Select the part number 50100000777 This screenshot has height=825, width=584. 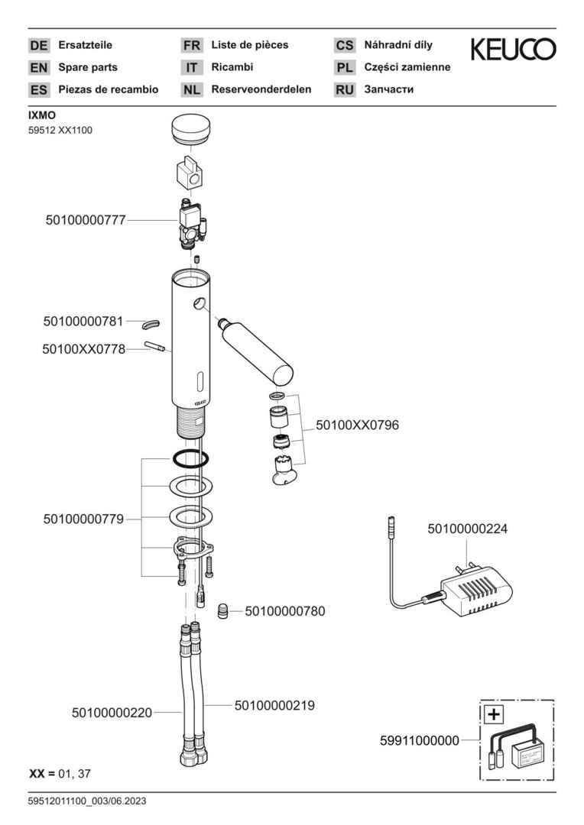(x=86, y=220)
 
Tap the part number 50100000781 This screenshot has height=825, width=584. (x=83, y=322)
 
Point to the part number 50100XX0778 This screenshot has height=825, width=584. (x=83, y=349)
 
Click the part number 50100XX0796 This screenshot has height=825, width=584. (x=358, y=425)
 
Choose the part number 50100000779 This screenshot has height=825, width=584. (x=83, y=519)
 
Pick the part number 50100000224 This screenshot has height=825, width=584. (x=467, y=529)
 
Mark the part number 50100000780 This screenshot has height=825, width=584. (x=285, y=611)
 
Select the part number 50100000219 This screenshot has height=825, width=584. (x=274, y=706)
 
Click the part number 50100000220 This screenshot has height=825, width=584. (x=112, y=713)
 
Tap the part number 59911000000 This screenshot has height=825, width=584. (x=420, y=740)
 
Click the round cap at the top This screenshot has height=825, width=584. (x=192, y=128)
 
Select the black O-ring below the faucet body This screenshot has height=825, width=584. (x=190, y=459)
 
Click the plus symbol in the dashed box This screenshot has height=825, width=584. (x=495, y=715)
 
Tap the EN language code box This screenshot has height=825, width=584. (x=39, y=67)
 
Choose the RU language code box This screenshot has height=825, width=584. (x=345, y=89)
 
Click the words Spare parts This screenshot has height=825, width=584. (x=88, y=67)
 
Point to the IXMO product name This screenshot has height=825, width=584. (x=42, y=116)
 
